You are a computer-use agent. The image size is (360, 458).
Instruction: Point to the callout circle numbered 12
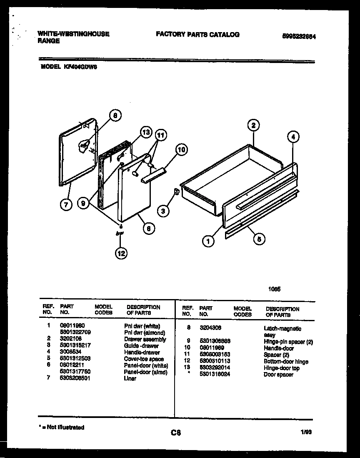coord(121,253)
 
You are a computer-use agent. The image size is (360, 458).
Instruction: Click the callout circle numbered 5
coord(259,239)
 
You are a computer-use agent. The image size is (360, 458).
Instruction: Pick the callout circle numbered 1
coord(208,240)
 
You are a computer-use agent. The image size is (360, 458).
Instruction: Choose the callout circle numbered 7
coord(65,204)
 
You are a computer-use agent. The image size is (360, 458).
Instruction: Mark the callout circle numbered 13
coord(145,132)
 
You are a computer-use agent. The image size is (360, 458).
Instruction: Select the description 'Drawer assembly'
coord(145,339)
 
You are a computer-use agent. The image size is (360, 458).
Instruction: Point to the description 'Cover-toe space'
coord(144,359)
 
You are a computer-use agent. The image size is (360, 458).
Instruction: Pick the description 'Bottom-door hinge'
coord(286,361)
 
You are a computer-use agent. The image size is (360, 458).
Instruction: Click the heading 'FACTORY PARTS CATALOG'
coord(197,35)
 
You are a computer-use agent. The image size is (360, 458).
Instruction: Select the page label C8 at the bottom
coord(175,433)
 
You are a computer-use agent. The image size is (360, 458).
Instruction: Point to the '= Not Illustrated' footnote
coord(62,427)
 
